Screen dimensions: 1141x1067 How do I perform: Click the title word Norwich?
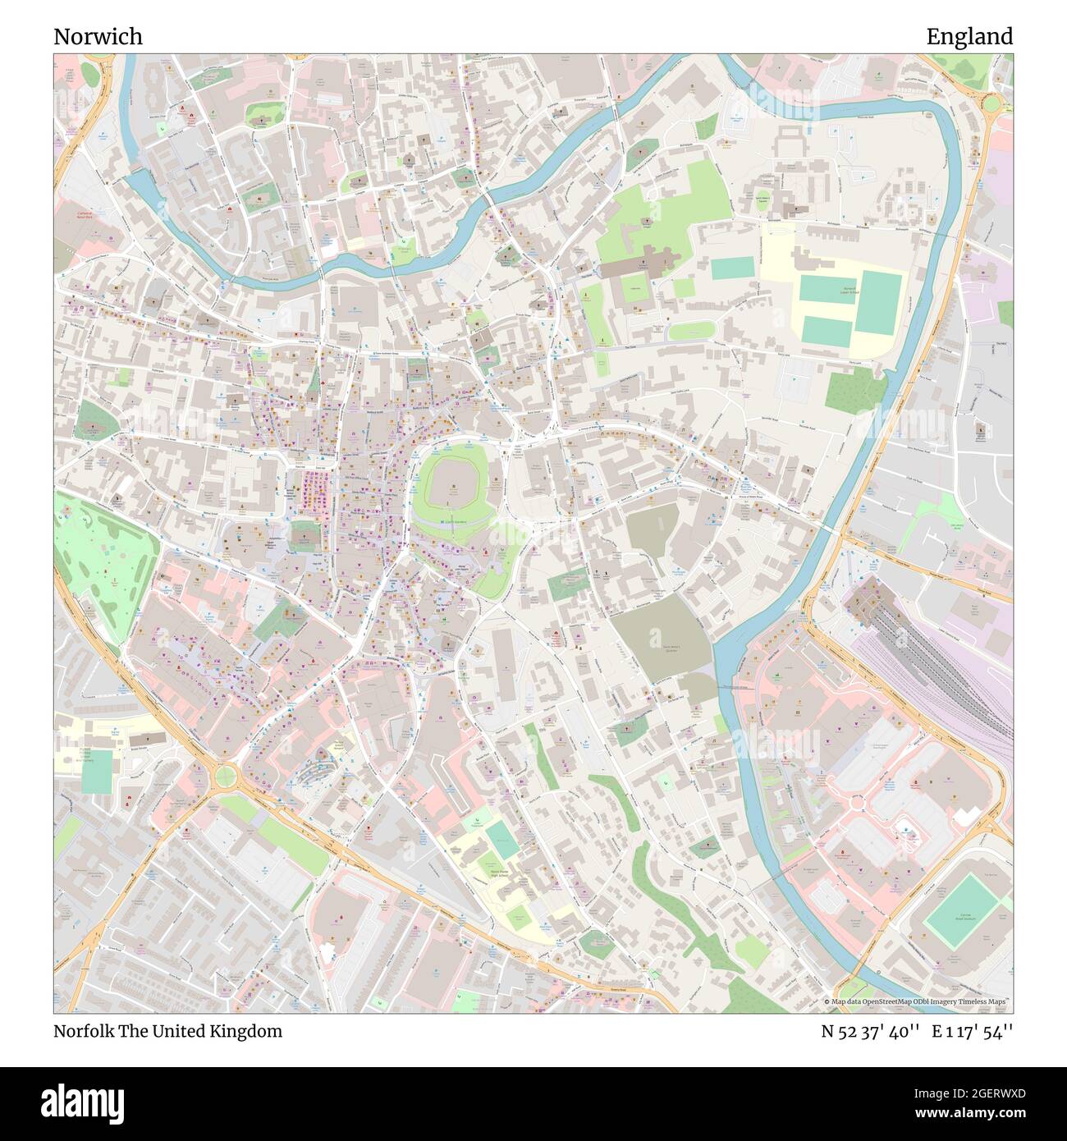(98, 36)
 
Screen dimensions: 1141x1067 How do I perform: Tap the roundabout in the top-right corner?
(991, 103)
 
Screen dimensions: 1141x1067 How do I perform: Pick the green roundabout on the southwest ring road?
(225, 774)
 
